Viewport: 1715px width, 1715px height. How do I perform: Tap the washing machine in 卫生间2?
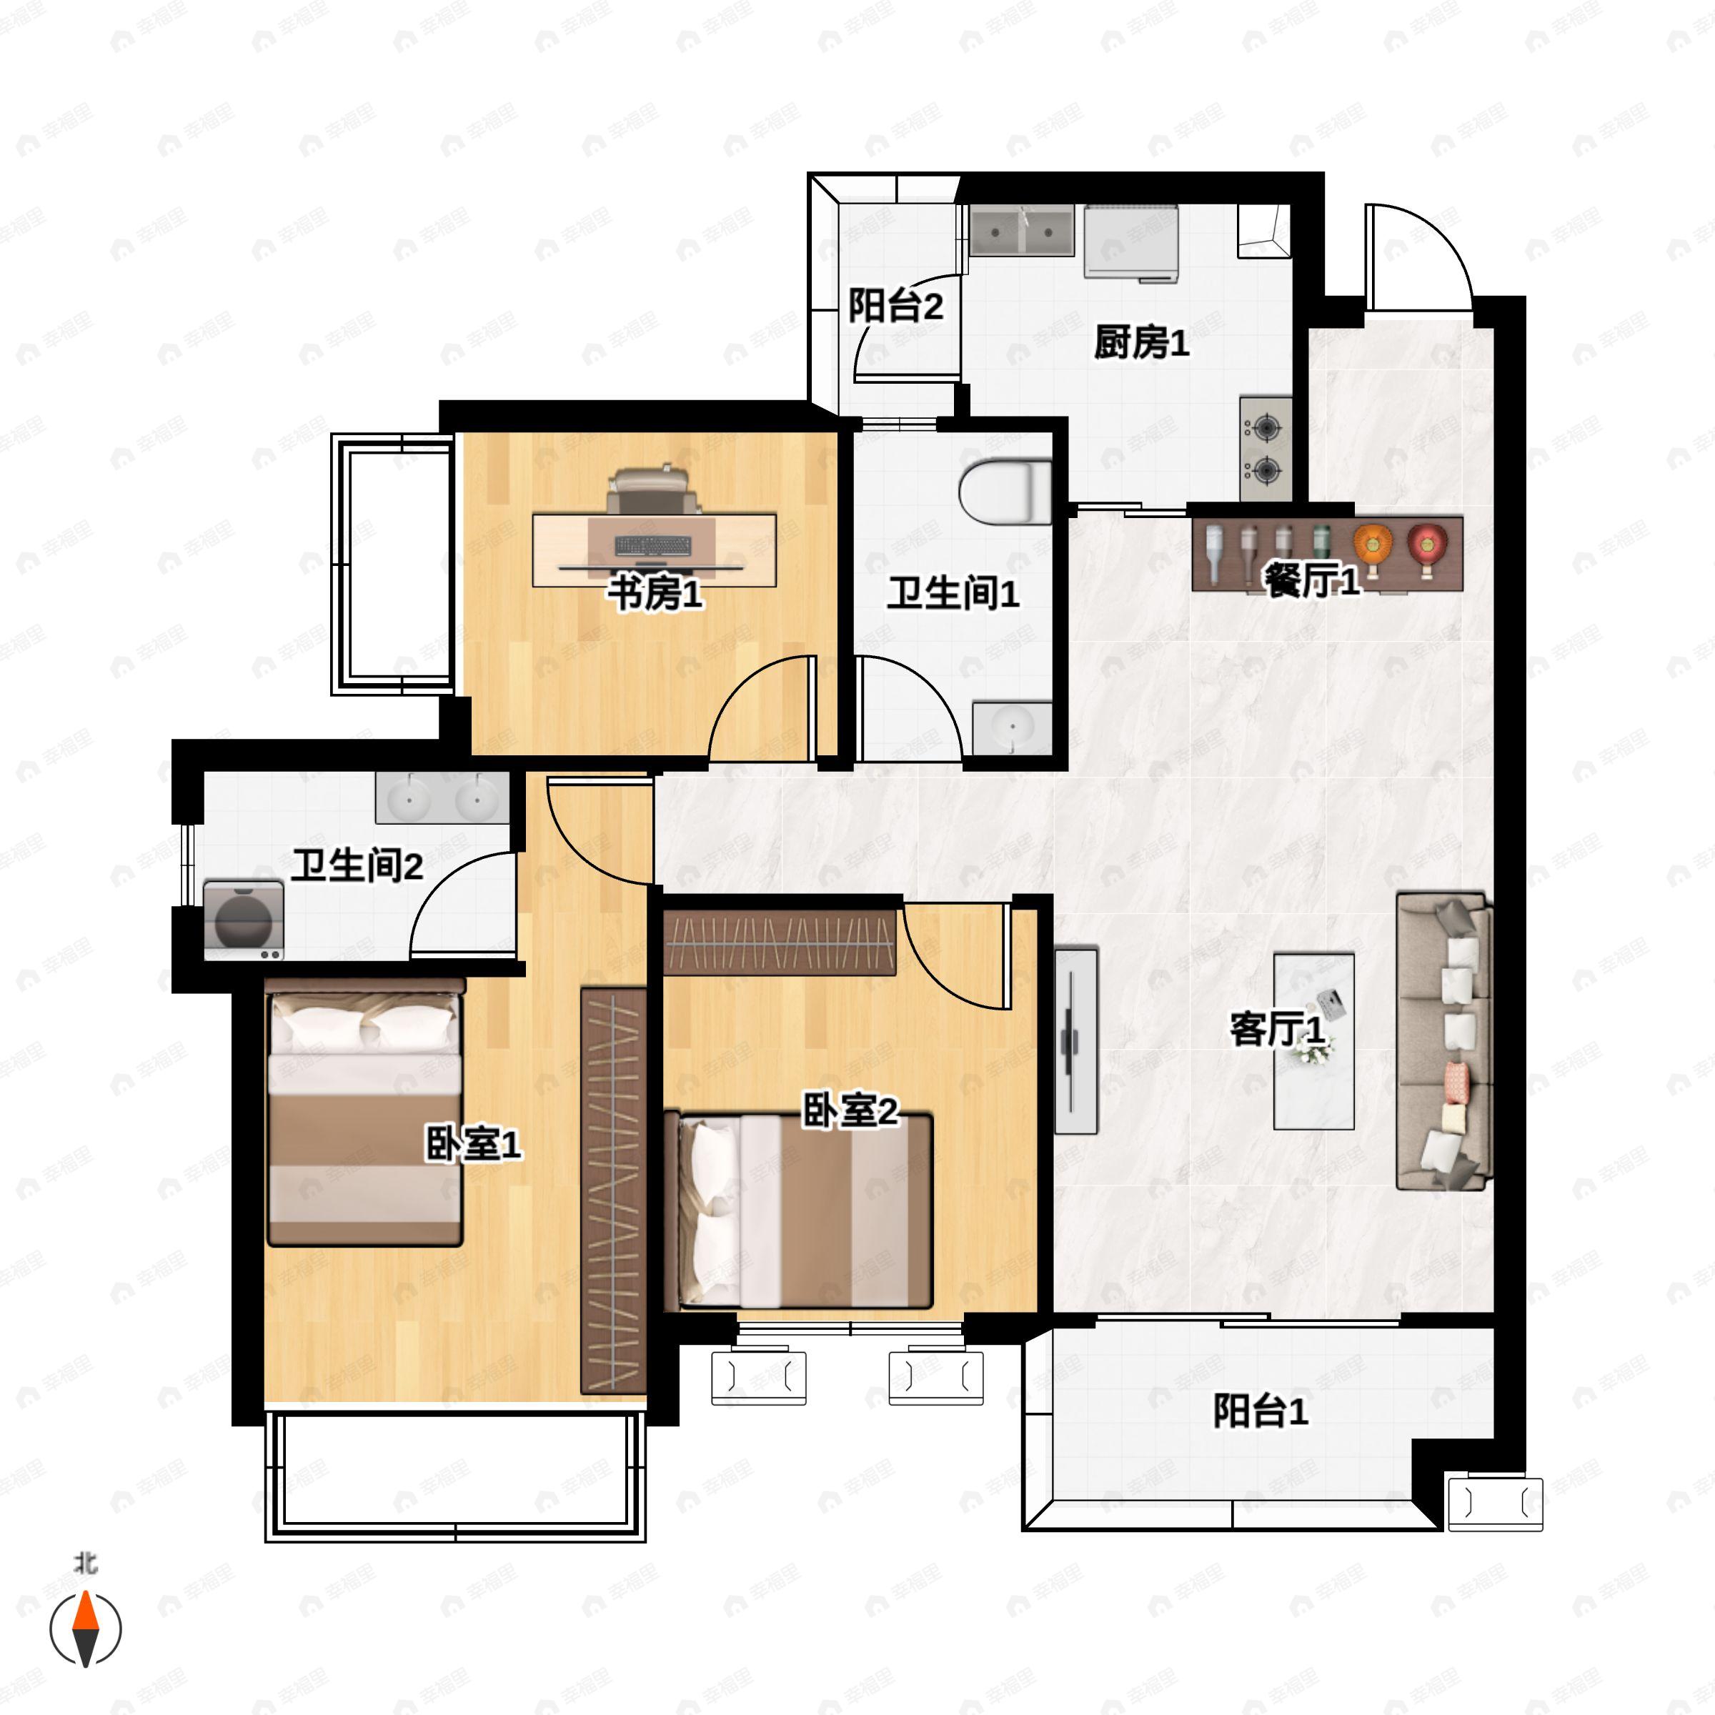[243, 920]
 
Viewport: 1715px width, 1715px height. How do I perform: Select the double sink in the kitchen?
[1021, 231]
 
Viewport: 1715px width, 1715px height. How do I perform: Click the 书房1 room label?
[655, 593]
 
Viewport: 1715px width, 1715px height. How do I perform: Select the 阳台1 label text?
[1260, 1411]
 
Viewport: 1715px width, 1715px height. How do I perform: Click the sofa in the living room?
[1443, 1041]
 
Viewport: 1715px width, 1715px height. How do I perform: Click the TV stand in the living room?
[1076, 1040]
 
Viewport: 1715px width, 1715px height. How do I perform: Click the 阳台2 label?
[895, 307]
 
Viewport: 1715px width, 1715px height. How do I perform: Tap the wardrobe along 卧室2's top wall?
[780, 942]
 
